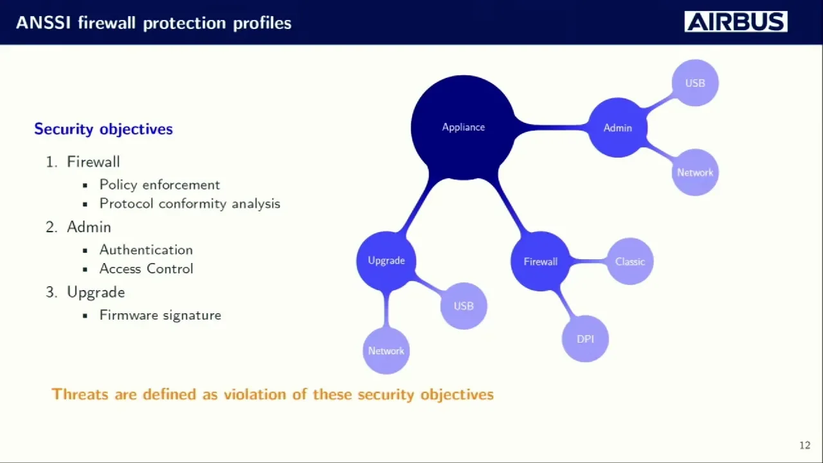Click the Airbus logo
(x=736, y=22)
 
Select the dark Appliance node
(x=463, y=127)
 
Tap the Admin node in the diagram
(x=617, y=128)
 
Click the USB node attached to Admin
(x=695, y=83)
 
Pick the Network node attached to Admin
(x=695, y=172)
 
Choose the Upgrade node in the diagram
(x=386, y=260)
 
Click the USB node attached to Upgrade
(x=464, y=306)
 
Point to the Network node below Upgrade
(x=386, y=350)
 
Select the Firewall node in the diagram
(x=540, y=262)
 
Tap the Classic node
(x=630, y=262)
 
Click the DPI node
(x=585, y=339)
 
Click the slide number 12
(x=804, y=445)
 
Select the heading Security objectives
(x=104, y=129)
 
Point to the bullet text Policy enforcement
(x=159, y=185)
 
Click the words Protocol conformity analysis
(x=190, y=204)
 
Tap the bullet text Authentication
(x=146, y=250)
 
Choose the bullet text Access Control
(x=146, y=269)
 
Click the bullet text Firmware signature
(x=160, y=315)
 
